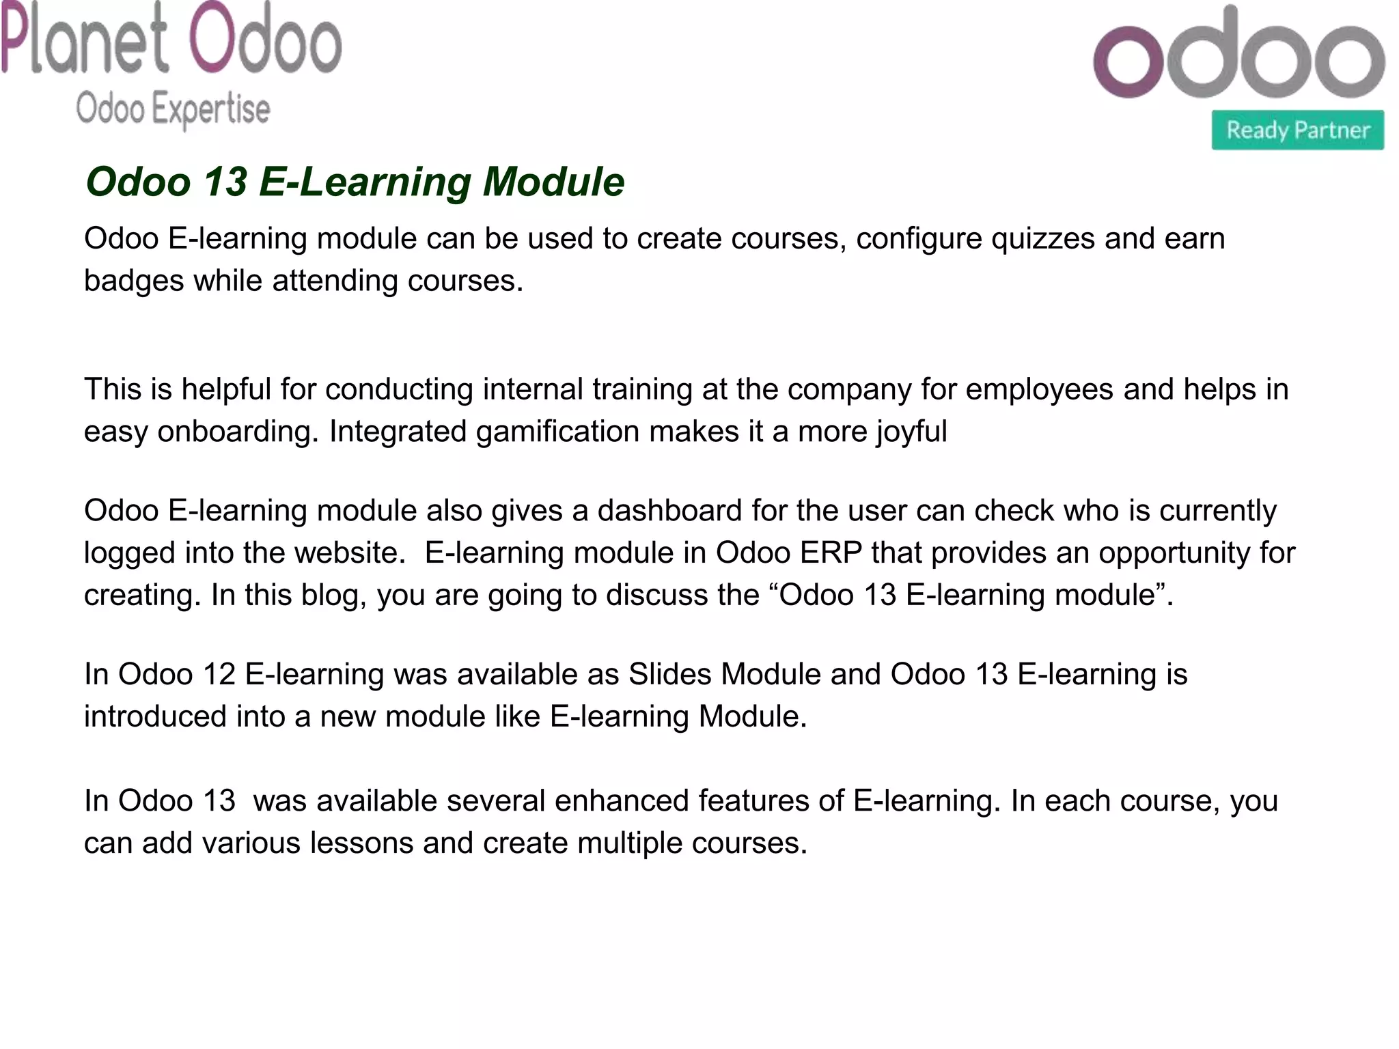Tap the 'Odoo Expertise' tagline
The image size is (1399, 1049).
(173, 109)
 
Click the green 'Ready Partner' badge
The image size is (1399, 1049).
(1297, 130)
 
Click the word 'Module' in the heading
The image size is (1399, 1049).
(553, 182)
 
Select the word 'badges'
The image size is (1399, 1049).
(134, 281)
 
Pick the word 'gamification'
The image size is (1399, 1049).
(557, 432)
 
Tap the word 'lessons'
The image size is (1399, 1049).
(361, 843)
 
